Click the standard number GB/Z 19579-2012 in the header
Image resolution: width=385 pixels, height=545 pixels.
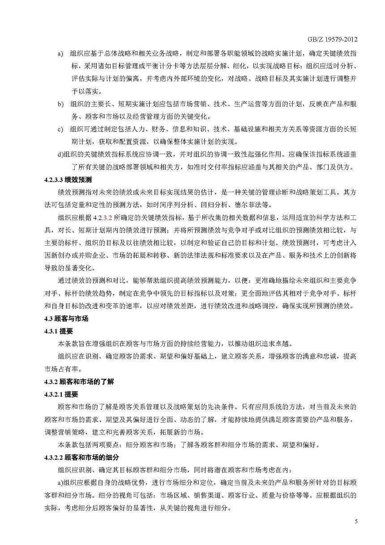(x=335, y=39)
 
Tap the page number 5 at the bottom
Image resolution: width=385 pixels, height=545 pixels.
(x=356, y=521)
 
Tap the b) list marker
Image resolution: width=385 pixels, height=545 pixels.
(x=60, y=104)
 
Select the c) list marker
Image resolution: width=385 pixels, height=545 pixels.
(x=60, y=130)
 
